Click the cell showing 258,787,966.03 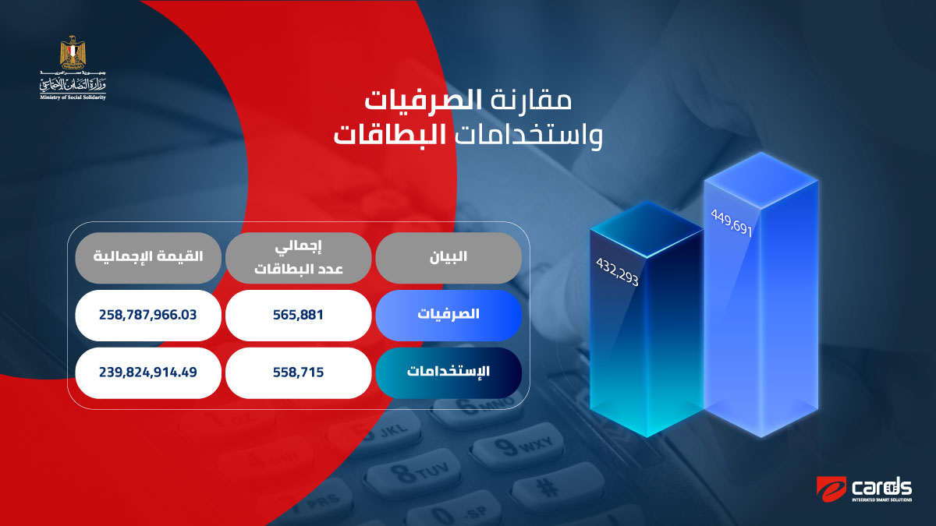(148, 315)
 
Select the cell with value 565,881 (298, 315)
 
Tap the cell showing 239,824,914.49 (148, 372)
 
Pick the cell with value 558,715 (298, 372)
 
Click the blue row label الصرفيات (448, 315)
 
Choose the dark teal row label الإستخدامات (448, 372)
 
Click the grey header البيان (448, 258)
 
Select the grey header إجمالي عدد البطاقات (298, 258)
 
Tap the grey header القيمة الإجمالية (148, 258)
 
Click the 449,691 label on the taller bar (732, 223)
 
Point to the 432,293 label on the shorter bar (617, 271)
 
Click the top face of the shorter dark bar (647, 228)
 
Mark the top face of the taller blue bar (761, 180)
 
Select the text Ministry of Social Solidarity (73, 97)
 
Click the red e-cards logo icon (831, 489)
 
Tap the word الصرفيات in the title (424, 101)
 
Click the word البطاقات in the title (390, 135)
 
